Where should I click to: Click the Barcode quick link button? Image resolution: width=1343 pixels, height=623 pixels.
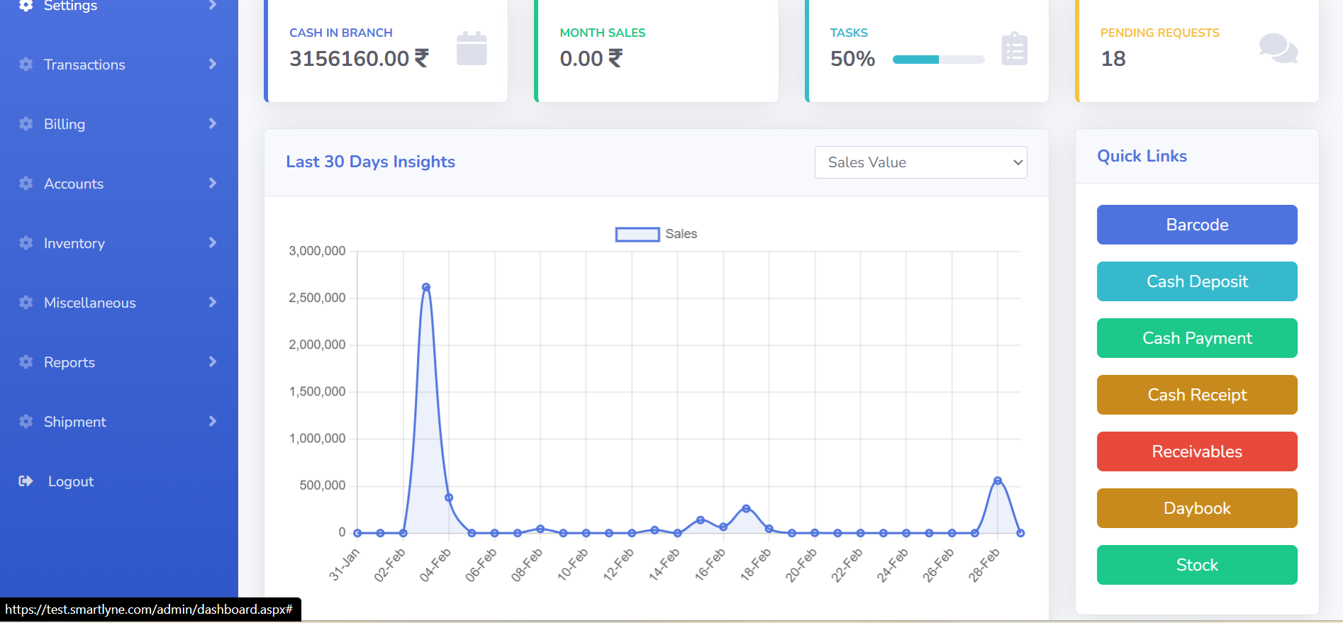click(1197, 225)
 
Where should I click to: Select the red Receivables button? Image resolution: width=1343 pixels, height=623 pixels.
click(1197, 451)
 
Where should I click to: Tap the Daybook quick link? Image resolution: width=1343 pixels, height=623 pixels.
click(1197, 508)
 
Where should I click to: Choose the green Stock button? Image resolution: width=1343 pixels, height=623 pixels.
click(1197, 565)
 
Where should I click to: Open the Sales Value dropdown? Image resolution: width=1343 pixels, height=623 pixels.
click(920, 162)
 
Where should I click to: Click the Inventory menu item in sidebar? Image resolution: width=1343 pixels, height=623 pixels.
click(74, 243)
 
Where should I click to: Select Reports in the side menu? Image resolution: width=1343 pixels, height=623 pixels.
click(69, 362)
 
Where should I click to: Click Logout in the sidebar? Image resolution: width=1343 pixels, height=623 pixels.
click(70, 481)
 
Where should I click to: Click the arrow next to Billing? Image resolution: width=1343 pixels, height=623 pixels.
click(212, 123)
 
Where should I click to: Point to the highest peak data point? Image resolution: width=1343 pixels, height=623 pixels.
click(426, 287)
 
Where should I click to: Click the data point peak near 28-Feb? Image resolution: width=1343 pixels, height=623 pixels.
click(998, 481)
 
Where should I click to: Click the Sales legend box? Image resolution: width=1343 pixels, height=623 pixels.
click(637, 235)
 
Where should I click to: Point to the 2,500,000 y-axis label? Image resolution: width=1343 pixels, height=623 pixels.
click(317, 298)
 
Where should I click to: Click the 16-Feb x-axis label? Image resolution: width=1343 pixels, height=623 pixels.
click(710, 564)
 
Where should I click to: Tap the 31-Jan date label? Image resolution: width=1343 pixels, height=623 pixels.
click(345, 564)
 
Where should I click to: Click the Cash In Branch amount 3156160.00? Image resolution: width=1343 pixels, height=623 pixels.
click(350, 58)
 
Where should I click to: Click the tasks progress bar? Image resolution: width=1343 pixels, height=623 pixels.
click(938, 60)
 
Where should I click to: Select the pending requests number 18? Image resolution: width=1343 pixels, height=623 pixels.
click(1113, 59)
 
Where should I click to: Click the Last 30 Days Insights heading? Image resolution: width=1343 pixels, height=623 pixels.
click(370, 162)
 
